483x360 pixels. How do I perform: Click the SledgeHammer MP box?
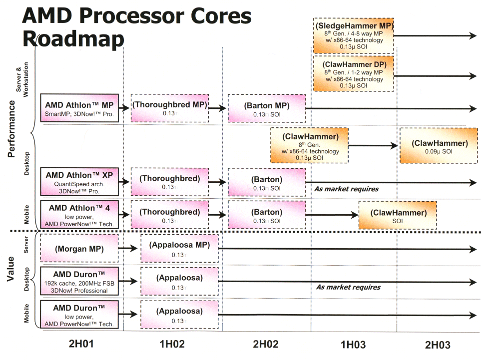(354, 35)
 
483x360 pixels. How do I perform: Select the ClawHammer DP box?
(354, 73)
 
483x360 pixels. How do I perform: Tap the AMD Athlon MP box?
(79, 108)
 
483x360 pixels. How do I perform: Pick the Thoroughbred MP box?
(169, 108)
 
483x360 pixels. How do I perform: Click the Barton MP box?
(266, 108)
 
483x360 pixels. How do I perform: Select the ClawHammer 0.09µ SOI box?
(440, 145)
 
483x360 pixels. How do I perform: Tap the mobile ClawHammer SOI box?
(398, 215)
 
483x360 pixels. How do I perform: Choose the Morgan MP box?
(79, 248)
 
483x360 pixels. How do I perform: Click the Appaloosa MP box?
(179, 248)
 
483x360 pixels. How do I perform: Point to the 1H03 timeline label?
(353, 345)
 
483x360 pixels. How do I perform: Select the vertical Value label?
(11, 270)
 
